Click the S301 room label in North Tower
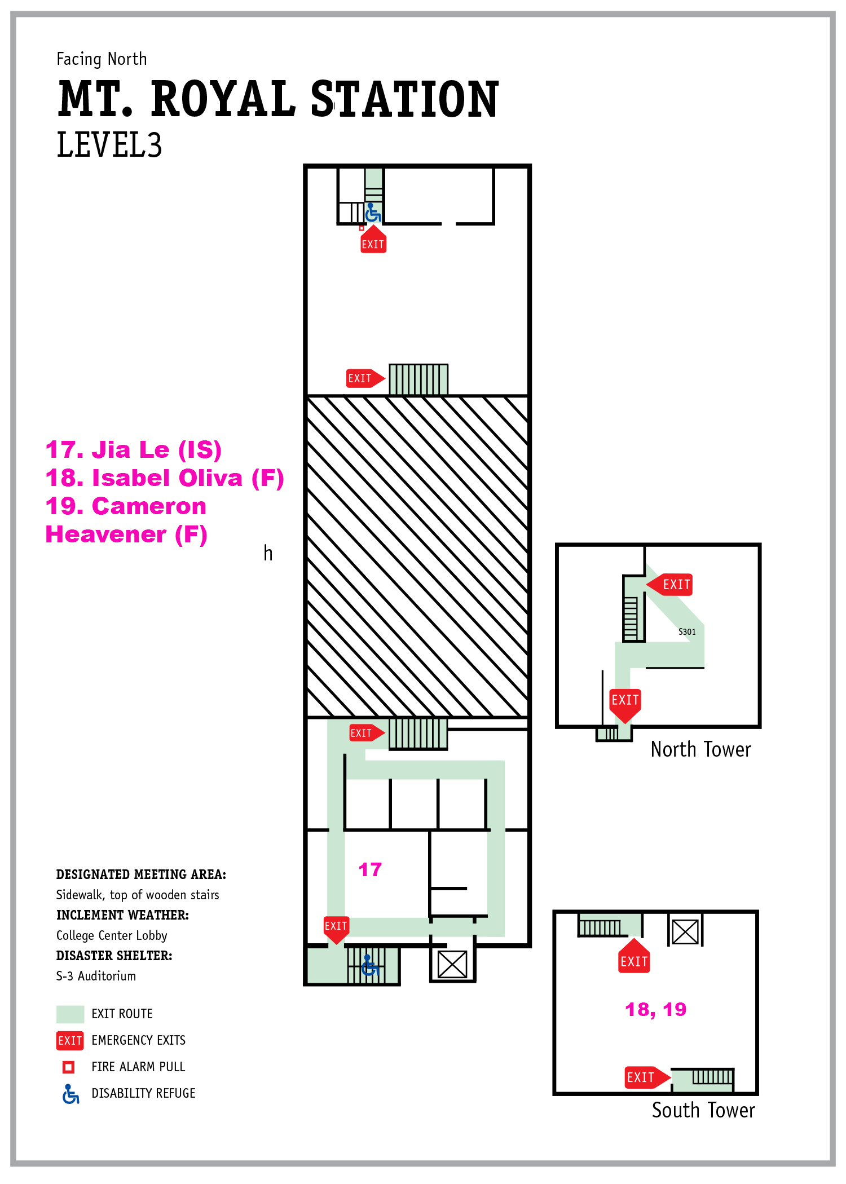point(686,631)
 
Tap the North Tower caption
point(700,749)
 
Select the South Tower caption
point(703,1110)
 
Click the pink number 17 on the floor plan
point(370,869)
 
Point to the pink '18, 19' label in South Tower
point(655,1009)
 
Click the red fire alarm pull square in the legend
point(69,1067)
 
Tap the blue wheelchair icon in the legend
point(70,1094)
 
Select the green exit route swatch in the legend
point(70,1014)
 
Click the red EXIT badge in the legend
point(70,1040)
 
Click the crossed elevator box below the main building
point(452,964)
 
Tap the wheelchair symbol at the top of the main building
point(373,213)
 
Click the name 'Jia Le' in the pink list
point(130,450)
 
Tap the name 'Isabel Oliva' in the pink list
point(167,478)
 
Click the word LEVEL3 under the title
point(109,145)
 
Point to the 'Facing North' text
point(102,59)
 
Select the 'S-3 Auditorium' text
point(96,976)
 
